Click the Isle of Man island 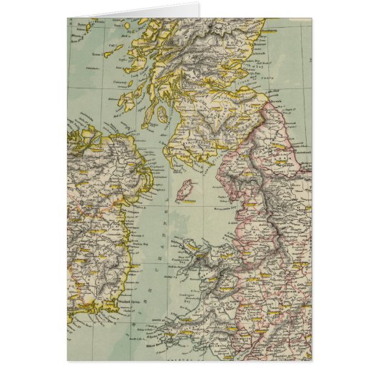(x=187, y=191)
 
